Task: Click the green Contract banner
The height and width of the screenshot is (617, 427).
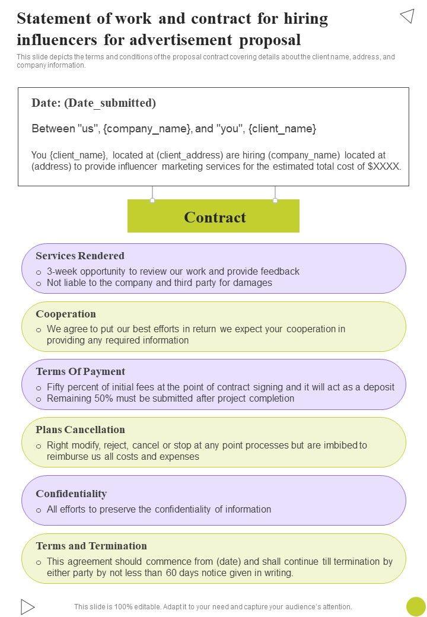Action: tap(213, 217)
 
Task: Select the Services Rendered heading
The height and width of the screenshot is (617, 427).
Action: tap(80, 256)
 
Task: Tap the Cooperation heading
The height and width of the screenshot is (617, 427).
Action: tap(66, 314)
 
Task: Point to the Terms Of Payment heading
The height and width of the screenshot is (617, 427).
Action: tap(81, 371)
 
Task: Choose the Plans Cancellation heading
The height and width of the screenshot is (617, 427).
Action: tap(80, 430)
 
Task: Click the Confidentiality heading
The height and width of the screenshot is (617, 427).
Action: tap(71, 494)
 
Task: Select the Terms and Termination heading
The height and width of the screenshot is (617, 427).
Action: tap(91, 546)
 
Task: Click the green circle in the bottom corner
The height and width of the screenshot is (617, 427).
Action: tap(416, 606)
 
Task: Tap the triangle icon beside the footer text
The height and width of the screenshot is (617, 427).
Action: tap(27, 606)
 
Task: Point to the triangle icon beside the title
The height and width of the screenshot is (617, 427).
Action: tap(407, 16)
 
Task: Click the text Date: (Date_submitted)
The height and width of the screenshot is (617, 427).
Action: tap(94, 103)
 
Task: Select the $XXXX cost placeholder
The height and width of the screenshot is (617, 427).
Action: tap(384, 167)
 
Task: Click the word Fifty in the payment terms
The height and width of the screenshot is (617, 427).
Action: tap(57, 387)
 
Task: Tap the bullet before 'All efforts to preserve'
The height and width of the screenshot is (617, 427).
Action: tap(39, 510)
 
